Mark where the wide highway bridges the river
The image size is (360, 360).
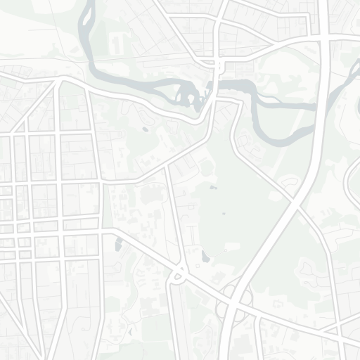point(320,105)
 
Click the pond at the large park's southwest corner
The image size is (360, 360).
point(204,257)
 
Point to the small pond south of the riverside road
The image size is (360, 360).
point(145,129)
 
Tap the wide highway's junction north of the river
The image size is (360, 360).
point(321,40)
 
